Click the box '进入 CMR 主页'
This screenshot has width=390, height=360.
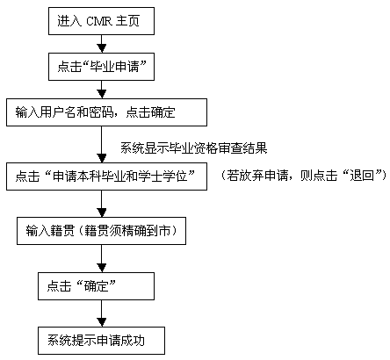point(101,21)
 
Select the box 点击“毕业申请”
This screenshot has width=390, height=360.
point(101,67)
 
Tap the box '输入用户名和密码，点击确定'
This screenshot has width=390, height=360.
point(106,112)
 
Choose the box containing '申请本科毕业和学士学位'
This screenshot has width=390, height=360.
point(106,176)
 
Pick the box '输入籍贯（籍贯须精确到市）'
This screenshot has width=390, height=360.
point(101,231)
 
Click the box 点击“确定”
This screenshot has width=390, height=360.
point(96,286)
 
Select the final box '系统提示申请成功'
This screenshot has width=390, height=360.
point(101,341)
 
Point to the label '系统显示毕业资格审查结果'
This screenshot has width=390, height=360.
point(194,148)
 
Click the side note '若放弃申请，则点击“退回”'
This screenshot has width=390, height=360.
point(304,176)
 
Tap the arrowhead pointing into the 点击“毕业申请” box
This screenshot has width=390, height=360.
point(102,48)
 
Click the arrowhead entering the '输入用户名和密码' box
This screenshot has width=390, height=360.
point(102,94)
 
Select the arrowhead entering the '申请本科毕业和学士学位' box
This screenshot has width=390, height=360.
point(102,158)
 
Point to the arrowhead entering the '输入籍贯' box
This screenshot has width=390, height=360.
point(102,212)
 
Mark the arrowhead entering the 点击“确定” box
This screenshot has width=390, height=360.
point(102,268)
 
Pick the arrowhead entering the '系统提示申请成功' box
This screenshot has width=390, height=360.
point(102,322)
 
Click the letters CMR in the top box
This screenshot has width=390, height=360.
point(99,21)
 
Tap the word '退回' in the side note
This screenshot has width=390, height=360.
point(362,176)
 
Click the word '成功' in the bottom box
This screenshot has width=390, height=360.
point(133,341)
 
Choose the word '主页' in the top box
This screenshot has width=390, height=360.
point(127,21)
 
